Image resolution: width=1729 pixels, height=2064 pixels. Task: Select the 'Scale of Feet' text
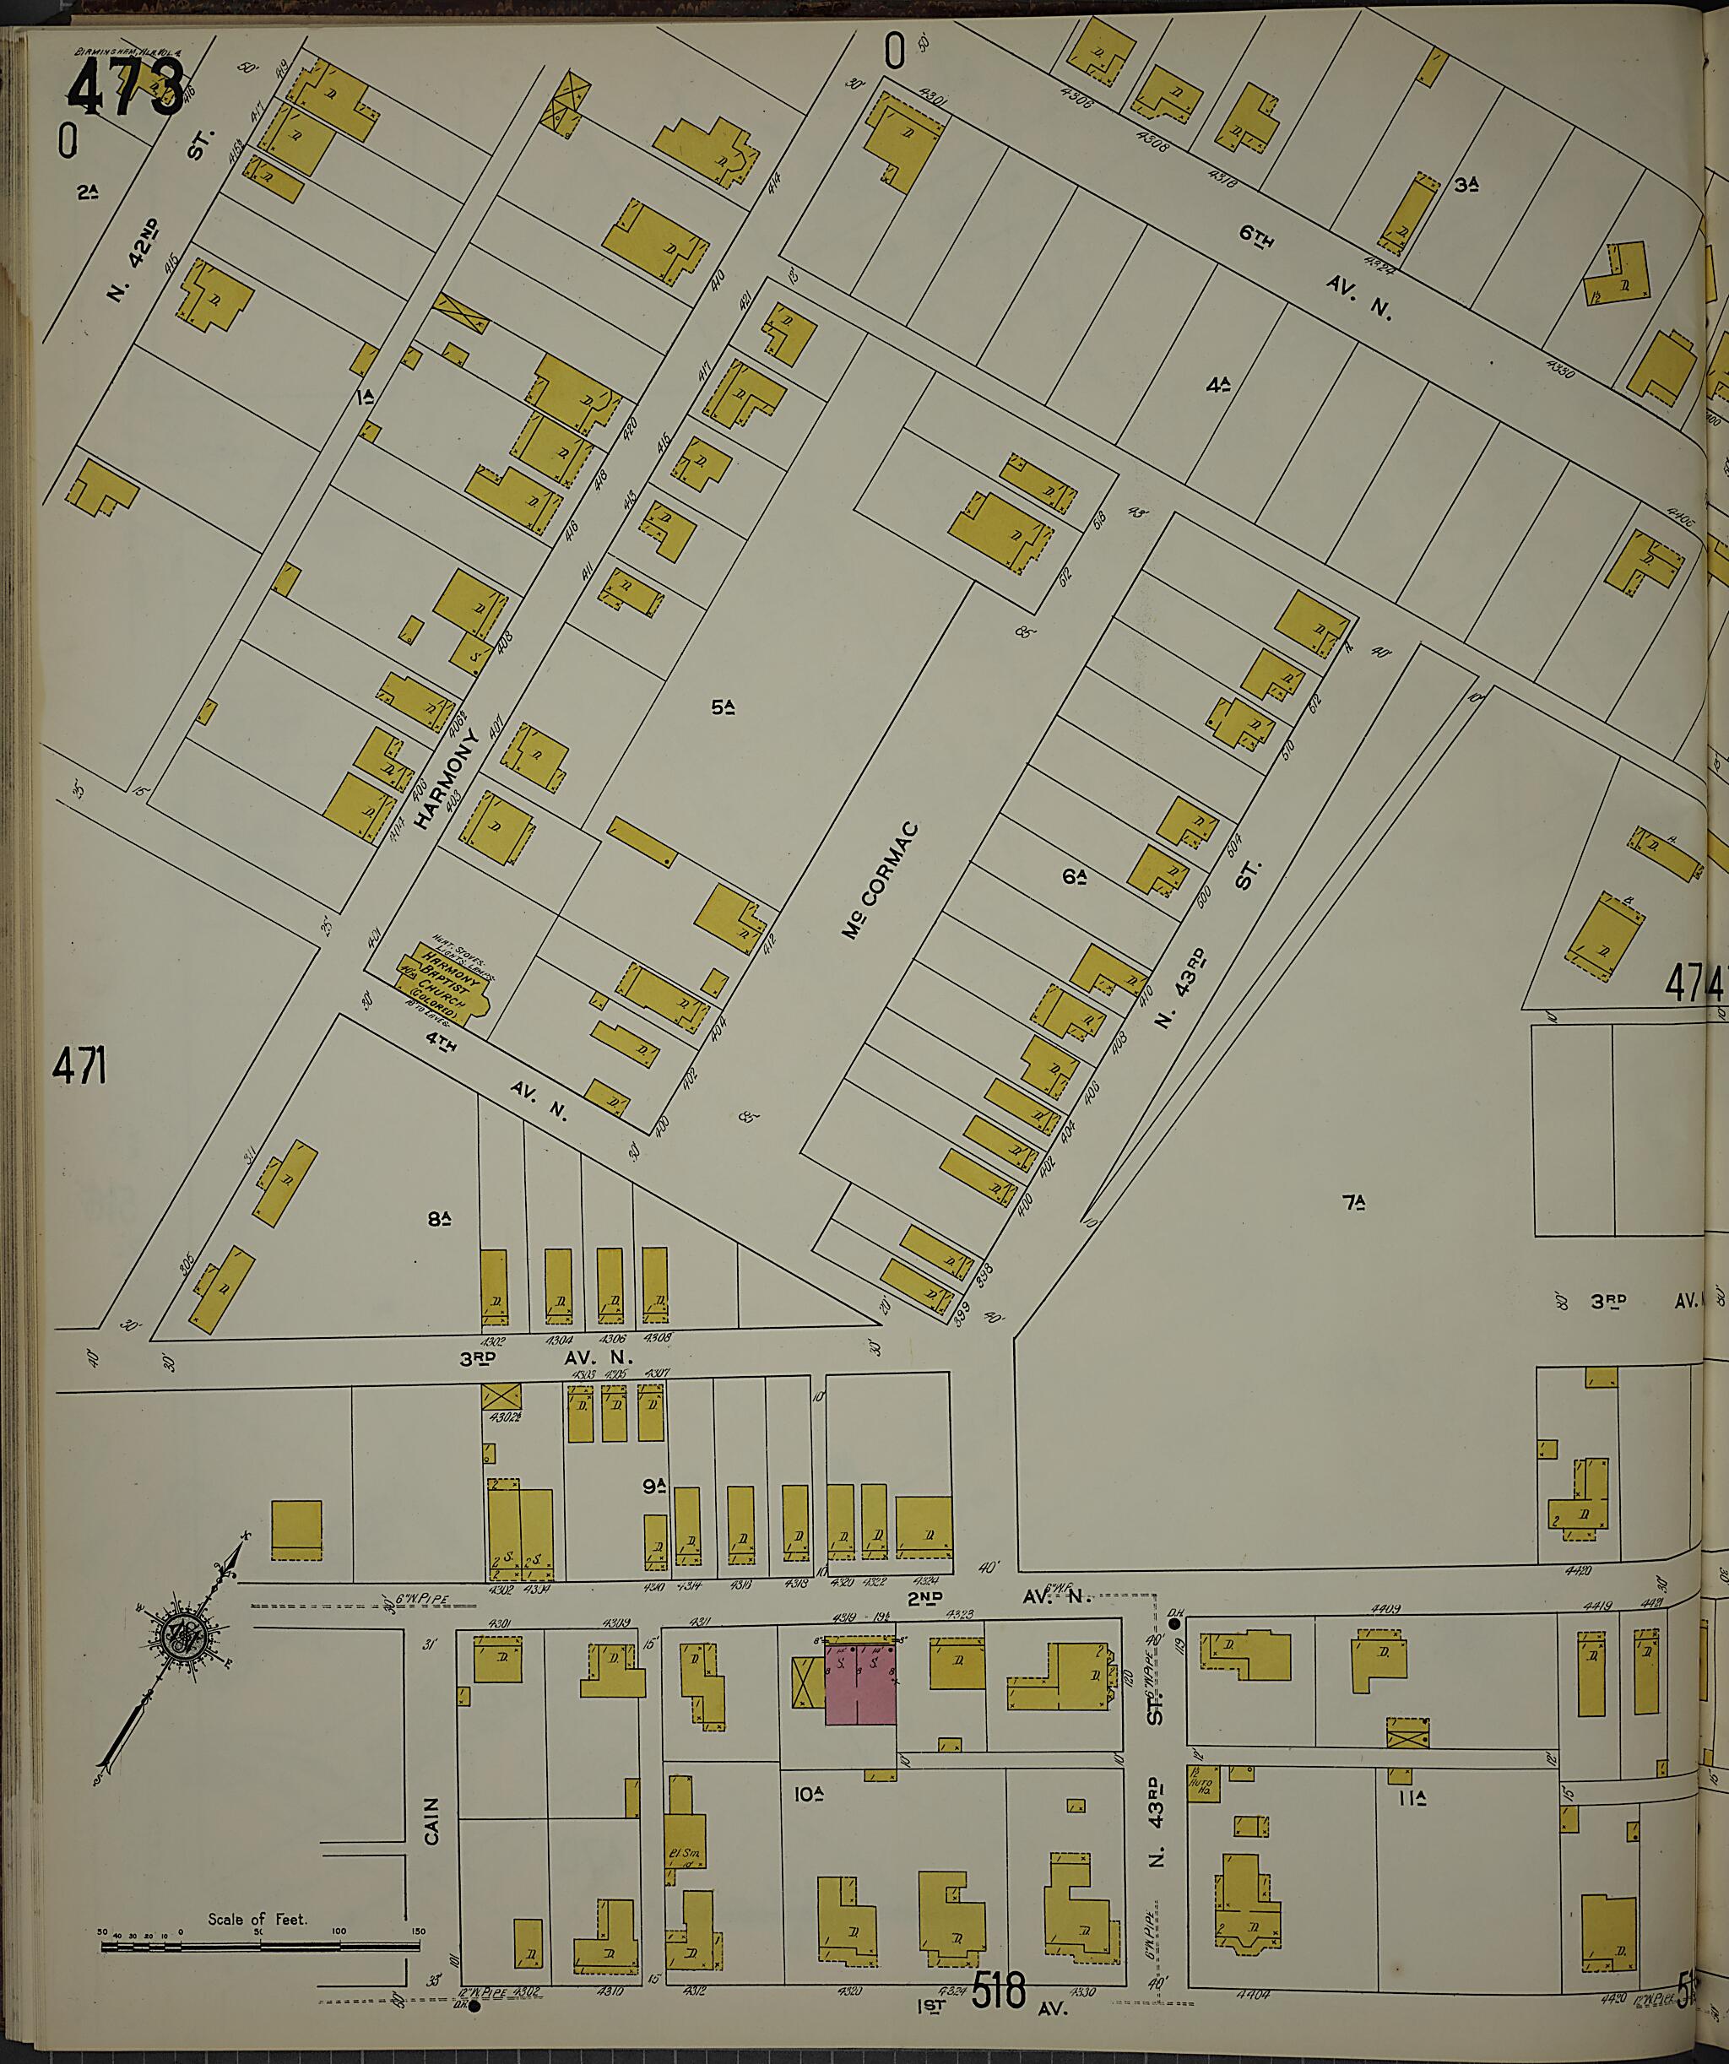(257, 1919)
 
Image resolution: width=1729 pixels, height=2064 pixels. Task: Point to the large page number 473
(125, 86)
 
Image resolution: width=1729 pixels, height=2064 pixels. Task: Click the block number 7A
(1354, 1201)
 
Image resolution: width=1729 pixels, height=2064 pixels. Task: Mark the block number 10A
(808, 1794)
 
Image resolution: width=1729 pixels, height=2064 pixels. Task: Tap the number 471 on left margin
(79, 1066)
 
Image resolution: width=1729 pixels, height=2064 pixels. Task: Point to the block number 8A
(438, 1220)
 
